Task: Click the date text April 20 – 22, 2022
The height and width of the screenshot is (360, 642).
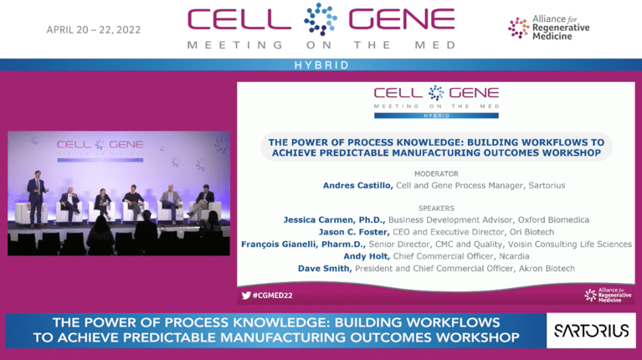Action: tap(93, 29)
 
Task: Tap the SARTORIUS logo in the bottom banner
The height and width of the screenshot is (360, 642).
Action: tap(591, 330)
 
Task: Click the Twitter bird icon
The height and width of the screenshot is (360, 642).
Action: tap(246, 295)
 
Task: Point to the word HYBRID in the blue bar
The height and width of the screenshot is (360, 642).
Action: tap(321, 64)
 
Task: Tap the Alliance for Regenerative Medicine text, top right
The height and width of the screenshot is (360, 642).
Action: tap(560, 27)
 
